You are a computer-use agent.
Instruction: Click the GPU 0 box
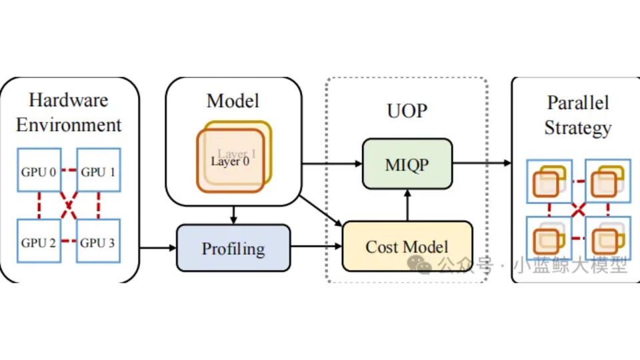coord(39,172)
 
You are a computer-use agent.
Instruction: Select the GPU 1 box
coord(98,172)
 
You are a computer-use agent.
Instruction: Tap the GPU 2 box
coord(39,242)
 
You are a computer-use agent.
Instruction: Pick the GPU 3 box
coord(98,242)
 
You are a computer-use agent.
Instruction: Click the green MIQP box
coord(407,164)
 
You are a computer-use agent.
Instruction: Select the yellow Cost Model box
coord(407,247)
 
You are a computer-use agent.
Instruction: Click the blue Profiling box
coord(233,249)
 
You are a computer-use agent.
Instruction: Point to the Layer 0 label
coord(230,161)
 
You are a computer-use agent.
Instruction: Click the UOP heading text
coord(407,110)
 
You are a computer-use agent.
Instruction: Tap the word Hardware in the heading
coord(69,101)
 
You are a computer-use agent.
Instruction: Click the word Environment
coord(69,125)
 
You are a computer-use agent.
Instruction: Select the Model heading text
coord(233,101)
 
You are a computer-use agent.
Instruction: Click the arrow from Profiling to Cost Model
coord(316,249)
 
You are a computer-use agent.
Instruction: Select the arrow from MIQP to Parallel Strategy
coord(481,164)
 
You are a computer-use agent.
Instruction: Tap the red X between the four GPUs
coord(69,207)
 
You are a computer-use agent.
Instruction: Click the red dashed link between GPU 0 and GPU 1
coord(69,171)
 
